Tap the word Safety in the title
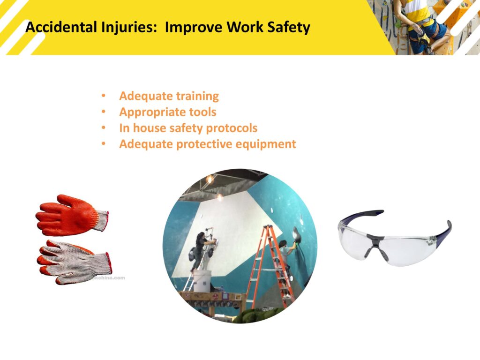(x=289, y=28)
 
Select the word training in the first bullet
(x=197, y=96)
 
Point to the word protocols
(x=232, y=128)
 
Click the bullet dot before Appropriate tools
(x=104, y=112)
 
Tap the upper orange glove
(x=71, y=215)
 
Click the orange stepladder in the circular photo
(x=270, y=266)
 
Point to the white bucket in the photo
(x=202, y=281)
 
